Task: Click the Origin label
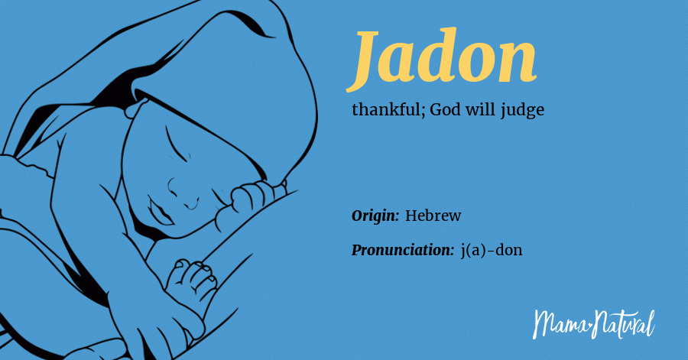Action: point(375,216)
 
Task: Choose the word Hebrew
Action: point(433,216)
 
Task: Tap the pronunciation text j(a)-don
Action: point(492,250)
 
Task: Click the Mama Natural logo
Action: point(593,323)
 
